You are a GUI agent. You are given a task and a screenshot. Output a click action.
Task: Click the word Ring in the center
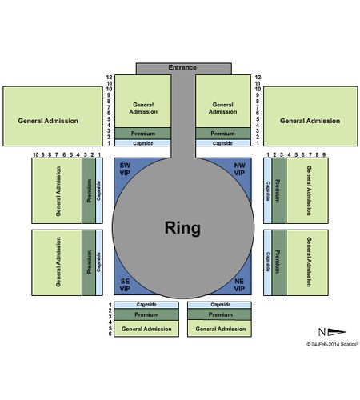(x=182, y=228)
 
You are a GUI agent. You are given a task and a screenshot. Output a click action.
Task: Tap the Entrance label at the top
(x=182, y=67)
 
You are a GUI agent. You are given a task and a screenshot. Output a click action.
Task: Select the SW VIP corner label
(x=125, y=169)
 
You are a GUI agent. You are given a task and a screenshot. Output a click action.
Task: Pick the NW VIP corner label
(x=239, y=169)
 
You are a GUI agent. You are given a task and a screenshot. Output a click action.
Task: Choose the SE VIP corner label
(x=125, y=285)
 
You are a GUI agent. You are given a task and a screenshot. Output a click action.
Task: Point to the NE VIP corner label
(x=239, y=285)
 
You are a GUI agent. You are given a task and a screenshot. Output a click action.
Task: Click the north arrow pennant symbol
(x=337, y=332)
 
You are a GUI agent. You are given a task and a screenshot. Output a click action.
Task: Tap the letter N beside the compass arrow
(x=322, y=332)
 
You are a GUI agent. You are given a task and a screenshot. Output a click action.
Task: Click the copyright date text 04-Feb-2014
(x=324, y=344)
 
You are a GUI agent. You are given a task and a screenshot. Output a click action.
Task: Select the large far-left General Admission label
(x=48, y=121)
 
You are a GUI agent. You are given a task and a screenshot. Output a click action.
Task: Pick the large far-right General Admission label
(x=310, y=121)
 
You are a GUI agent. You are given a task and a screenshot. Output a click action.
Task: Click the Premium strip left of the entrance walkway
(x=143, y=134)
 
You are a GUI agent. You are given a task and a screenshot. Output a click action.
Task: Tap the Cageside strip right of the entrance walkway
(x=223, y=143)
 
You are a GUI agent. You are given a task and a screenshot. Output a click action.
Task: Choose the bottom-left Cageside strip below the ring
(x=146, y=305)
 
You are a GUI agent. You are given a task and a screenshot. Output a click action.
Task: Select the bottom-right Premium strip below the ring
(x=219, y=314)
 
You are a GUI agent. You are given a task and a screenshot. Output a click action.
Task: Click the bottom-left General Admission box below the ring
(x=146, y=329)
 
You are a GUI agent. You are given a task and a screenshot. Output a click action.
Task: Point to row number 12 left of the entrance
(x=109, y=78)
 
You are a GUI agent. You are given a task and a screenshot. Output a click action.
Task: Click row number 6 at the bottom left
(x=110, y=334)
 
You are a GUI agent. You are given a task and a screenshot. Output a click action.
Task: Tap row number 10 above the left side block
(x=35, y=154)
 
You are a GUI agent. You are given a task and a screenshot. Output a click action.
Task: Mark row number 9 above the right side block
(x=324, y=154)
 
